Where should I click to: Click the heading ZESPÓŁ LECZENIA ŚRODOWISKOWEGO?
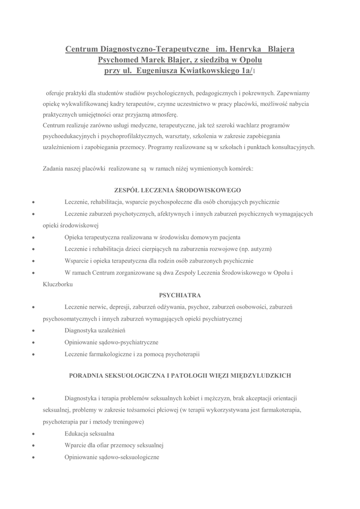[x=178, y=190]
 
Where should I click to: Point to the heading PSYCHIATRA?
[x=180, y=295]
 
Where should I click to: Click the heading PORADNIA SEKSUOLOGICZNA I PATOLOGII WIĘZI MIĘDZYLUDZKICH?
[x=180, y=376]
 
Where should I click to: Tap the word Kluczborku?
[x=58, y=284]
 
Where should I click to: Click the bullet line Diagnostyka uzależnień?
[x=94, y=330]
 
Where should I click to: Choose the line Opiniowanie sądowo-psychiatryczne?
[x=111, y=342]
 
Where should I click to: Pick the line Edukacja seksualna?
[x=90, y=433]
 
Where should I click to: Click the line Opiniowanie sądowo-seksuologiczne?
[x=112, y=457]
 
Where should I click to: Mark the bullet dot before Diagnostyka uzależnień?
[x=33, y=331]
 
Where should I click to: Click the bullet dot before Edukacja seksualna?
[x=33, y=434]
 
